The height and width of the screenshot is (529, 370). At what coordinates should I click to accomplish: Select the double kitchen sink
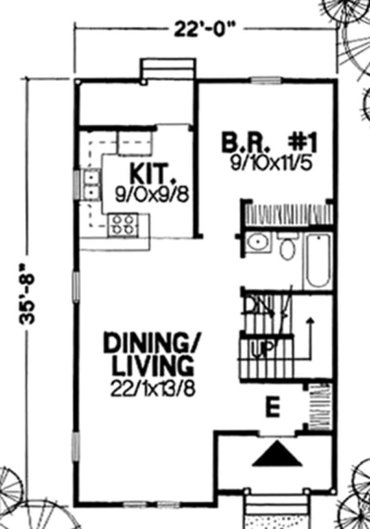click(91, 183)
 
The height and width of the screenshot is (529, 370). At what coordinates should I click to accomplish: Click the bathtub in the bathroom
click(318, 260)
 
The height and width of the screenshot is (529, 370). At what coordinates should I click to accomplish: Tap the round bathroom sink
click(255, 243)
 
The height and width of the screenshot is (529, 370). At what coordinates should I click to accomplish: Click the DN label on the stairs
click(255, 305)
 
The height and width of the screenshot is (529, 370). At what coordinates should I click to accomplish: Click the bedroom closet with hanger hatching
click(288, 214)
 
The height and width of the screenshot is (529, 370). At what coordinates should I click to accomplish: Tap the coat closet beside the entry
click(319, 407)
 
